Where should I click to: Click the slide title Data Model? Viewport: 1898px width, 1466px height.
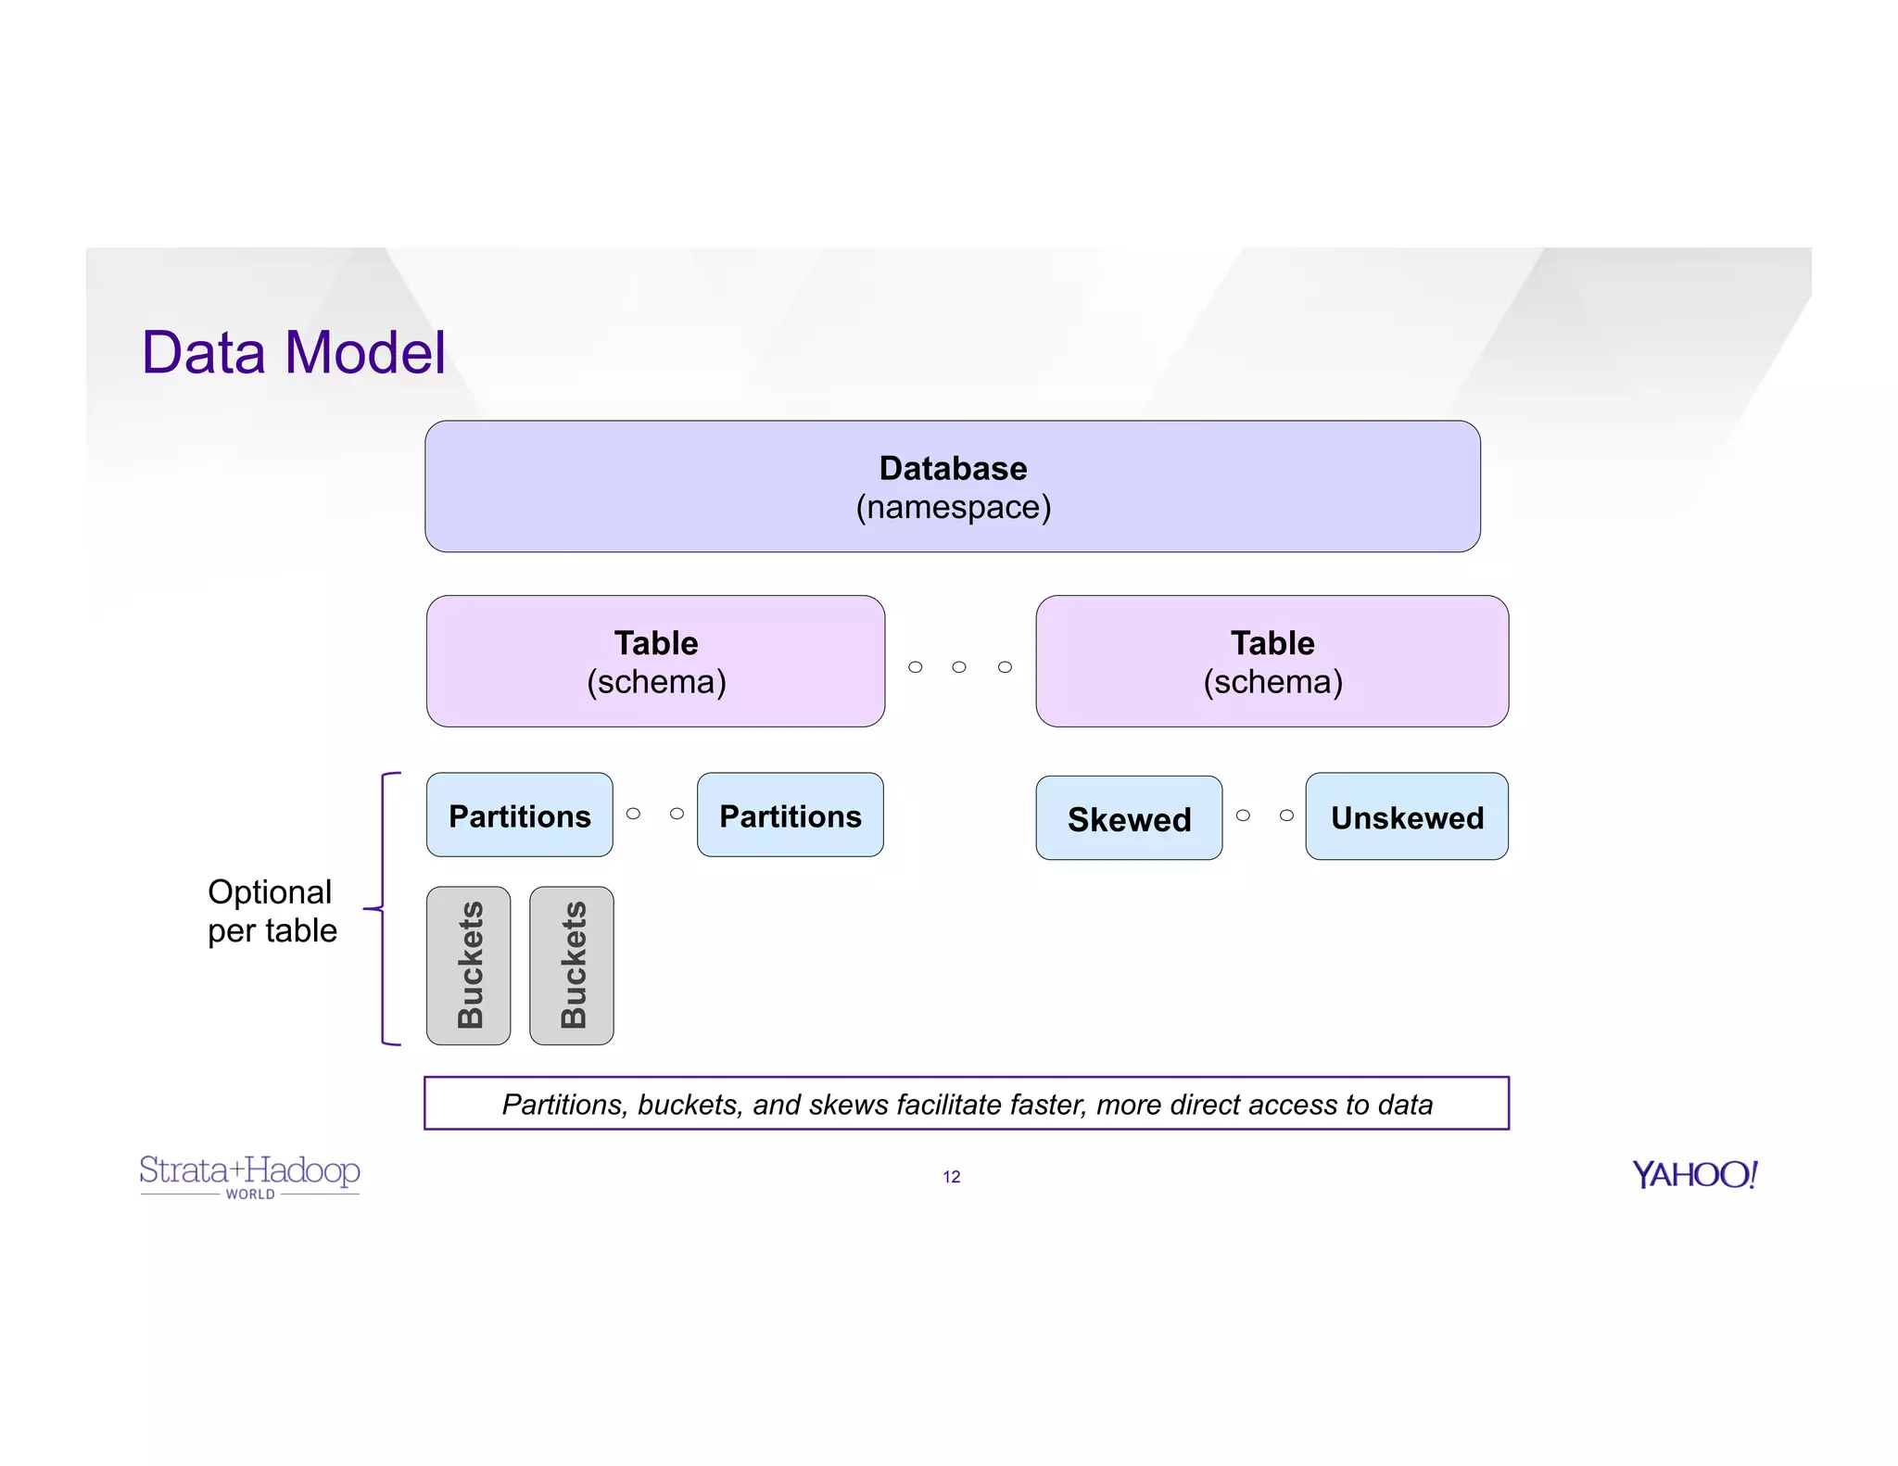(293, 353)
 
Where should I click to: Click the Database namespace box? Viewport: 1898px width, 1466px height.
(952, 486)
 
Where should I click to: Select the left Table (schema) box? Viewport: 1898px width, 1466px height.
(655, 661)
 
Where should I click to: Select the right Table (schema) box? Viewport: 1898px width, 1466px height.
(1272, 661)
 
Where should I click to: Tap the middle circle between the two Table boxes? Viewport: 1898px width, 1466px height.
(959, 667)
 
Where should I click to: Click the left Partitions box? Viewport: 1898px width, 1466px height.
(519, 815)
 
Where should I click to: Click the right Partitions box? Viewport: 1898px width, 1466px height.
(790, 815)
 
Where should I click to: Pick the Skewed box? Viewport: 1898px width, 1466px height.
(1128, 818)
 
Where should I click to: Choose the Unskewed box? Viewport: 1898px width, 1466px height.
(1406, 817)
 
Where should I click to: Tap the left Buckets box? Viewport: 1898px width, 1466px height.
(469, 966)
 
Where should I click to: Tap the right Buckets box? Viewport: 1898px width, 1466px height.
(572, 966)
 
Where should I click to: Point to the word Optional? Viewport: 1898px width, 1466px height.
(270, 891)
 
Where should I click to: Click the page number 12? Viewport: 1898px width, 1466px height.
(952, 1177)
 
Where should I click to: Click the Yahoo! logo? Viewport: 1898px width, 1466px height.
(1694, 1175)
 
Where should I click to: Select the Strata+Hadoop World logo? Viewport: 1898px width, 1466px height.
(249, 1175)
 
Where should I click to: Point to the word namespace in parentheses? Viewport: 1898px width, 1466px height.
(953, 508)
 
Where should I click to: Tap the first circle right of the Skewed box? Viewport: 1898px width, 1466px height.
(1243, 815)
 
